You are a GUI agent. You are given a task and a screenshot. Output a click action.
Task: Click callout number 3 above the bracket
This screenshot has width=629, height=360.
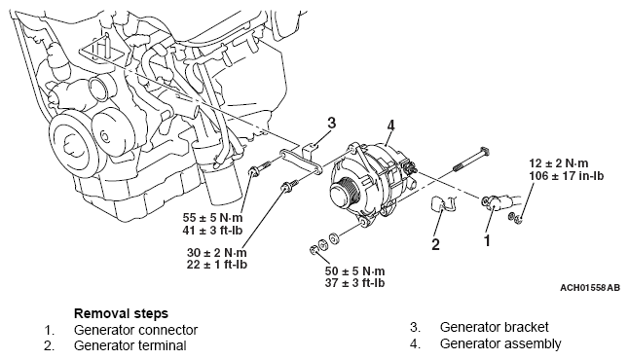(x=331, y=123)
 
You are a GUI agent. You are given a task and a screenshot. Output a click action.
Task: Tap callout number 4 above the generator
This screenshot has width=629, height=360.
(x=390, y=126)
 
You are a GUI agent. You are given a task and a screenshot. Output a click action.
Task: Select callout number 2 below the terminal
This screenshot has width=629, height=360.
(x=435, y=244)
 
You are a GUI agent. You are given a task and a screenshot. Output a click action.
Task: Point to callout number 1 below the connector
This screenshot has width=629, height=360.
(x=487, y=241)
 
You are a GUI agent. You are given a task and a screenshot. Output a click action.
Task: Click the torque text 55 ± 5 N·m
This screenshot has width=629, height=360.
(x=212, y=218)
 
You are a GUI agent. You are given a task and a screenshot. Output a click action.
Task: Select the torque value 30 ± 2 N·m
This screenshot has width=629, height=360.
(x=216, y=253)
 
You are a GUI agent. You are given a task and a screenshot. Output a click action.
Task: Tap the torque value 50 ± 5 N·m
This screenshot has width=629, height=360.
(x=355, y=271)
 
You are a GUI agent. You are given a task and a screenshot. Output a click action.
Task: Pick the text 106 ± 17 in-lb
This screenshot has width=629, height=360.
(x=567, y=175)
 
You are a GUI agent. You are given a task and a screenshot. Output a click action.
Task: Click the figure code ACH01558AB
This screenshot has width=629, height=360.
(x=590, y=288)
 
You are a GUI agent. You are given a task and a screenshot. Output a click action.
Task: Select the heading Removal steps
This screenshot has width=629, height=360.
(x=121, y=313)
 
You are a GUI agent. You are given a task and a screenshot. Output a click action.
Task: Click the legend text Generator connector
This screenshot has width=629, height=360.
(x=135, y=330)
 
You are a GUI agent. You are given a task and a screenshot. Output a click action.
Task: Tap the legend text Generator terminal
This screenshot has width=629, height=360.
(x=129, y=345)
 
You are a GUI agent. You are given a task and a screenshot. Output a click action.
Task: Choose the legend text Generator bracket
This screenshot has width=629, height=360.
(x=495, y=327)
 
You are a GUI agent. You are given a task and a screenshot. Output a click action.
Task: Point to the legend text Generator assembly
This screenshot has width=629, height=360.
(x=500, y=343)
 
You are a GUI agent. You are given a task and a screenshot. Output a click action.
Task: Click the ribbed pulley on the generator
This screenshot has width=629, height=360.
(x=345, y=193)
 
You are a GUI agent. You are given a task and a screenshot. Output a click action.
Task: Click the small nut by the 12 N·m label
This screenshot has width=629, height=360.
(x=515, y=218)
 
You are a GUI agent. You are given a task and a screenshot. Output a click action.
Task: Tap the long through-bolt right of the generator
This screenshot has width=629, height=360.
(x=471, y=159)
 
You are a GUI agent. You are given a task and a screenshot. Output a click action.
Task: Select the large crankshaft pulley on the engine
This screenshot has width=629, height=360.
(x=71, y=145)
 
